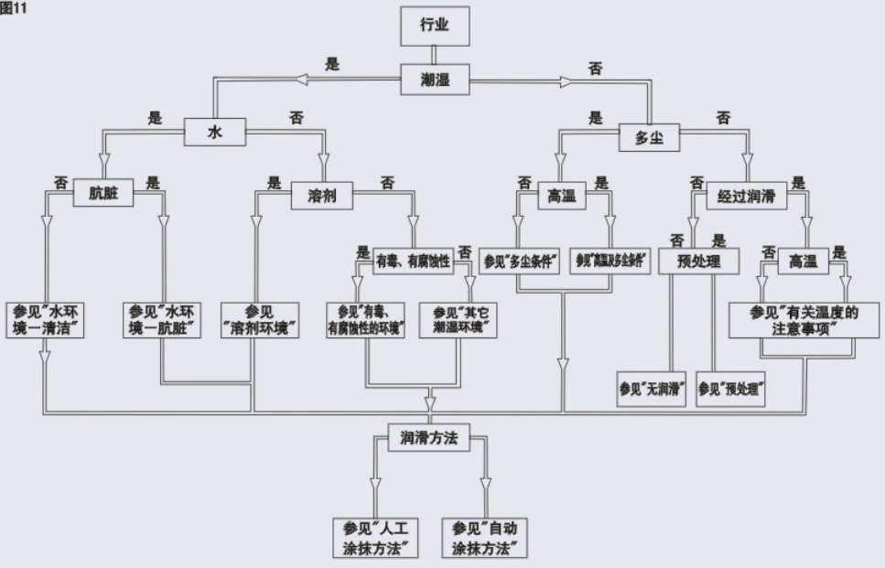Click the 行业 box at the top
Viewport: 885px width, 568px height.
click(x=436, y=27)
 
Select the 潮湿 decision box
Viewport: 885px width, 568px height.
click(x=436, y=80)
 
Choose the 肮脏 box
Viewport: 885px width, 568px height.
click(x=104, y=194)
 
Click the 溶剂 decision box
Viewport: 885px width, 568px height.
click(x=322, y=194)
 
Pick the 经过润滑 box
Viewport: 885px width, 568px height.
click(x=747, y=194)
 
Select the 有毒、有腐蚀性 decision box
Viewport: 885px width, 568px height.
click(x=414, y=262)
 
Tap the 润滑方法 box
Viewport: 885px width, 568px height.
click(x=429, y=438)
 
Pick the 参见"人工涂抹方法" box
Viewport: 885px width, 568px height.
click(x=374, y=537)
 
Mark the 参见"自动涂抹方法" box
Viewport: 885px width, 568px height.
click(x=485, y=537)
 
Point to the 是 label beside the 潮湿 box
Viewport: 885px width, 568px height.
click(x=332, y=65)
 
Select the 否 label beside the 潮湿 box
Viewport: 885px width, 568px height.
click(x=595, y=69)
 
